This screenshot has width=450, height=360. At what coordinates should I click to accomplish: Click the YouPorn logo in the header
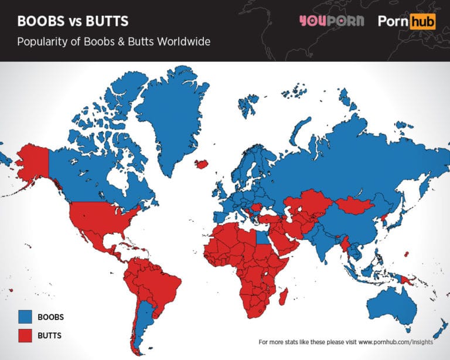coord(331,21)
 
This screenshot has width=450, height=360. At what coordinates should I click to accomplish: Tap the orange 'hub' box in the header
coord(423,22)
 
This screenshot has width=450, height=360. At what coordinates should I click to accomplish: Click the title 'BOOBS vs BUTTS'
coord(73,22)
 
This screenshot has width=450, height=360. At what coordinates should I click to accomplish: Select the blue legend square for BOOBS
coord(24,317)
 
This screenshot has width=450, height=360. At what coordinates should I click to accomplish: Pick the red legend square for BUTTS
coord(24,335)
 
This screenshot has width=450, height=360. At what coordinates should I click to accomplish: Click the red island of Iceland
coord(202,164)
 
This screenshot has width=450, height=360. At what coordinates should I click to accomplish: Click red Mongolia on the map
coord(353,205)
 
